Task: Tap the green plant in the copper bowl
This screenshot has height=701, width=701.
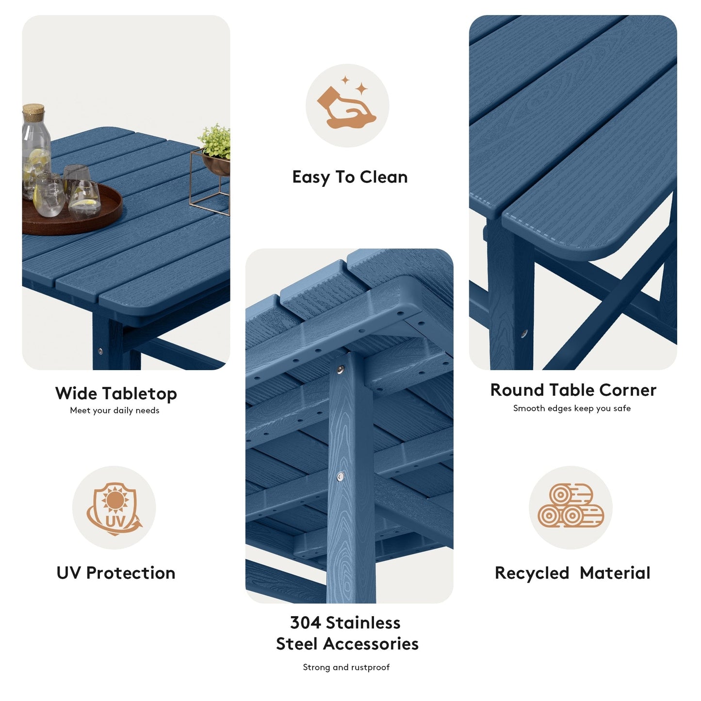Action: pos(216,141)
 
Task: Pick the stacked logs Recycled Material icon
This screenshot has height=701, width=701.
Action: pos(571,506)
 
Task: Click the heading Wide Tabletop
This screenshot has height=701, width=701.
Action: pos(116,393)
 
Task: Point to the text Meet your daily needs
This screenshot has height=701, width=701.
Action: pos(114,410)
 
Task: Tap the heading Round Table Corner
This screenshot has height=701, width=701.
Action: pos(573,390)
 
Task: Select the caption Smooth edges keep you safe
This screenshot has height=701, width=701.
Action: pos(572,408)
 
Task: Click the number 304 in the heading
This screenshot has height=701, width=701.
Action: pos(306,622)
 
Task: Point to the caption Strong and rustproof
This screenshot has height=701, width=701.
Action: pos(346,668)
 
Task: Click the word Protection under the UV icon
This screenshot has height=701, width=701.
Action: pos(130,573)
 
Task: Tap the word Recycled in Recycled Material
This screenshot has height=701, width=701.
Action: pos(532,573)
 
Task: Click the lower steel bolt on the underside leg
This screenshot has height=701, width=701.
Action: pos(340,477)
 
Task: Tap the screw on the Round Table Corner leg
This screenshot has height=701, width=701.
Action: pos(524,334)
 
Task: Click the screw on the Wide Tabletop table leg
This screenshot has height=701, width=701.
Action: pos(100,350)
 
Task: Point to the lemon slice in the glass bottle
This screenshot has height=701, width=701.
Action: pos(38,158)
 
